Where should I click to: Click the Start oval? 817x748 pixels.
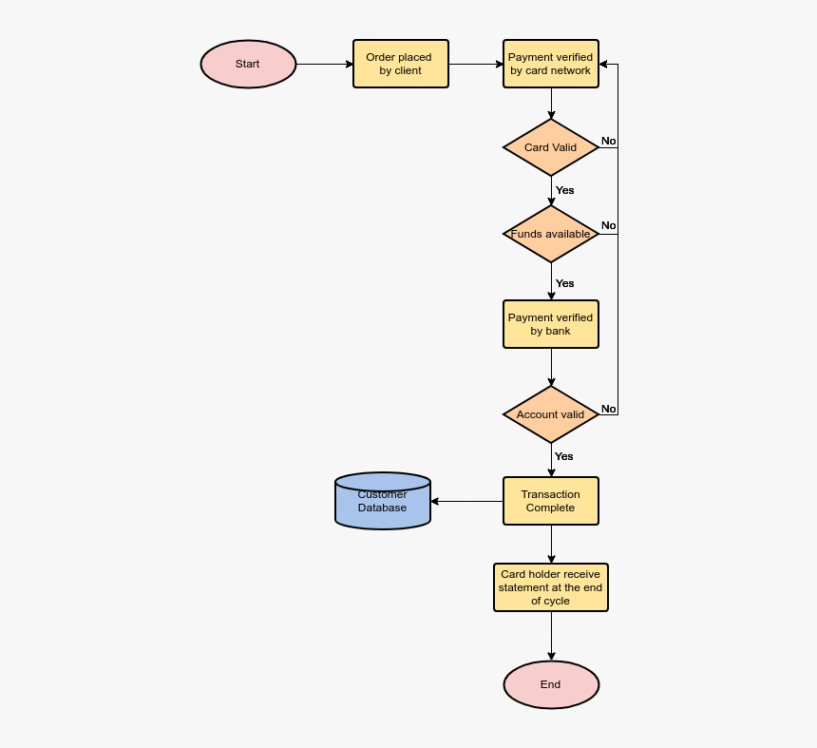click(248, 65)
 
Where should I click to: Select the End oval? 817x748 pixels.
click(551, 684)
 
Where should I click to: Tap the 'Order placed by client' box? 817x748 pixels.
click(400, 64)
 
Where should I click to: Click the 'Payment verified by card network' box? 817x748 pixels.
click(551, 64)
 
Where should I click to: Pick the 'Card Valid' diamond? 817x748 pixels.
click(551, 147)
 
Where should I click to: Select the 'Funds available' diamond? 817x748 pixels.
click(551, 234)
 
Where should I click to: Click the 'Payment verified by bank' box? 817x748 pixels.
click(551, 324)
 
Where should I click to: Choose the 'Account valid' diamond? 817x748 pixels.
click(551, 414)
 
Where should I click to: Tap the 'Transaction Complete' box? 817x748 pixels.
click(551, 501)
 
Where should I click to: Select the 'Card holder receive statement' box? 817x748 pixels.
click(551, 587)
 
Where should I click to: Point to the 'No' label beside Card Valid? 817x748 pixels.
click(608, 141)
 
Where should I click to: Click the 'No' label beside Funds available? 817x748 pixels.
click(608, 225)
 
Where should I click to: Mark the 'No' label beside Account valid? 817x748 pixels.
click(608, 409)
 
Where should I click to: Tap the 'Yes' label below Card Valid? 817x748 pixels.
click(565, 190)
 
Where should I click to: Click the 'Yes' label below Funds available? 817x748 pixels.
click(565, 283)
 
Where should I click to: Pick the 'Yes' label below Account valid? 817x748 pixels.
click(564, 456)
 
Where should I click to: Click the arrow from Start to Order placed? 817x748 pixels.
click(324, 65)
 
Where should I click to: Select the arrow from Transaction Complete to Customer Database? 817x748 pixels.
click(466, 501)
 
